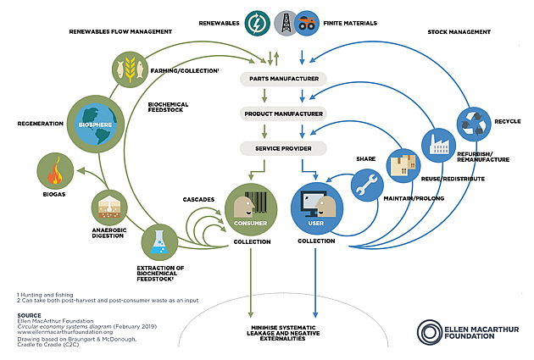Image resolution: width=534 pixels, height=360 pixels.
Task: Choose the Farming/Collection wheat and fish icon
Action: (x=129, y=67)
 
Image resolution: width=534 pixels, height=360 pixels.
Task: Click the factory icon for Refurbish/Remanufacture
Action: (x=437, y=145)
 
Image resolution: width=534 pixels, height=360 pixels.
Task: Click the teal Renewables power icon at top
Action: (x=255, y=23)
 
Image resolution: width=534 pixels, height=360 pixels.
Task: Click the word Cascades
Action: (x=199, y=199)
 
